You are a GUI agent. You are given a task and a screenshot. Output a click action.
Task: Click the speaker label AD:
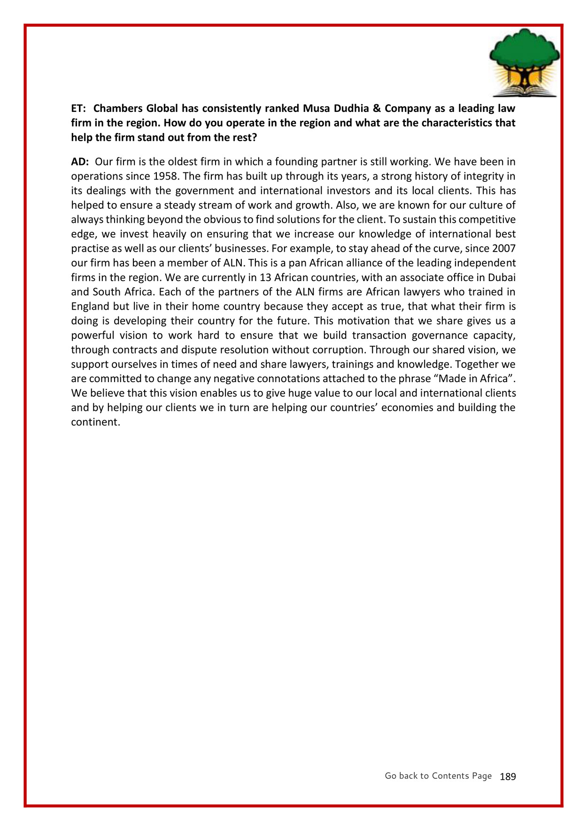point(80,162)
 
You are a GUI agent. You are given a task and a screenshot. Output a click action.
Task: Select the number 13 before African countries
point(265,278)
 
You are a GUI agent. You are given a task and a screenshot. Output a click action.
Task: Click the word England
point(90,307)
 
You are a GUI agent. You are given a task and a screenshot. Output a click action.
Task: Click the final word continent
point(95,422)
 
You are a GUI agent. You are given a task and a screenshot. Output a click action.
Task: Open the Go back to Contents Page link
point(438,776)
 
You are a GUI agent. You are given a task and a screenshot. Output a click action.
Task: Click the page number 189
point(508,776)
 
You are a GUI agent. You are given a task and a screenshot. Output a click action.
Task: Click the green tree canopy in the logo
point(524,52)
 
